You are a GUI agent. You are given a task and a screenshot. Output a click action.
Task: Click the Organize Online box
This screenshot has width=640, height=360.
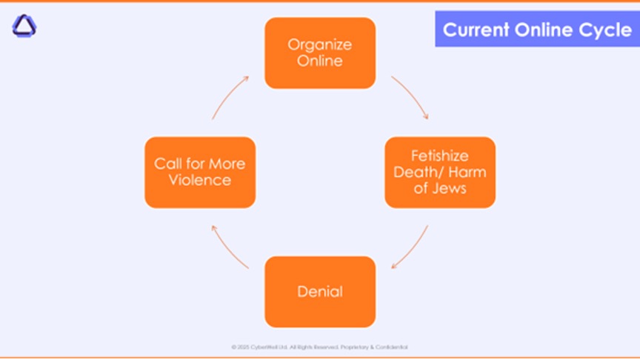click(x=320, y=53)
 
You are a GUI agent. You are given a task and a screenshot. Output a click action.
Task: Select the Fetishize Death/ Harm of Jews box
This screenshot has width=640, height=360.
click(x=440, y=172)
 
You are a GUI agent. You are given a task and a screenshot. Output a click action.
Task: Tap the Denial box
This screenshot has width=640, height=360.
click(x=320, y=291)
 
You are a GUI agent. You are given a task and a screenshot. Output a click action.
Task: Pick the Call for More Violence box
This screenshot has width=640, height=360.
click(x=200, y=172)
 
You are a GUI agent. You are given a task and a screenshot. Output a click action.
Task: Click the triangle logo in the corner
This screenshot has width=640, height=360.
click(x=24, y=27)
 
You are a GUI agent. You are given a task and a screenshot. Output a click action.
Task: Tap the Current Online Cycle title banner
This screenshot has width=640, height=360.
click(x=537, y=30)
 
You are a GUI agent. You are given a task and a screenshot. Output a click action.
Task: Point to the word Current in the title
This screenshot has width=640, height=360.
click(x=476, y=30)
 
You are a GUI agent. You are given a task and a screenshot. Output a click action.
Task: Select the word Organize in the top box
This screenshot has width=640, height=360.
click(x=320, y=44)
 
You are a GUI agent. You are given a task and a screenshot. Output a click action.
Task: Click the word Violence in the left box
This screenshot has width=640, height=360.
click(x=200, y=180)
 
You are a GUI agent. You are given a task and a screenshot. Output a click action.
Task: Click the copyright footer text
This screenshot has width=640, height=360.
click(x=320, y=347)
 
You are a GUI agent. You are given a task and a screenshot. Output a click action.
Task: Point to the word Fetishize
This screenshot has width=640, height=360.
click(x=440, y=156)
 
